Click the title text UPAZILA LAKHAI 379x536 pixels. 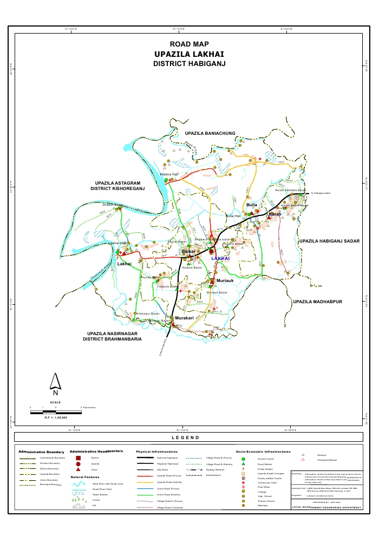pos(189,54)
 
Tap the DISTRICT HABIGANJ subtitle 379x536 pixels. pos(189,64)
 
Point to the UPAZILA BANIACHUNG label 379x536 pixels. pos(209,133)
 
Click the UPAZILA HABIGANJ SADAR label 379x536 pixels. pos(330,240)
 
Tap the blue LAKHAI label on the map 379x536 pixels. pos(220,259)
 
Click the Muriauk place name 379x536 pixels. pos(225,282)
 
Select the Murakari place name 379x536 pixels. pos(184,318)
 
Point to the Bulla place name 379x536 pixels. pos(252,206)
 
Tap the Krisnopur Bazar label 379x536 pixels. pos(148,313)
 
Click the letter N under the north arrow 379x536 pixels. pos(55,394)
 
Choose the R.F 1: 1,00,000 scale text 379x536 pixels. pos(56,417)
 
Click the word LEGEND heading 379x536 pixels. pos(189,437)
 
